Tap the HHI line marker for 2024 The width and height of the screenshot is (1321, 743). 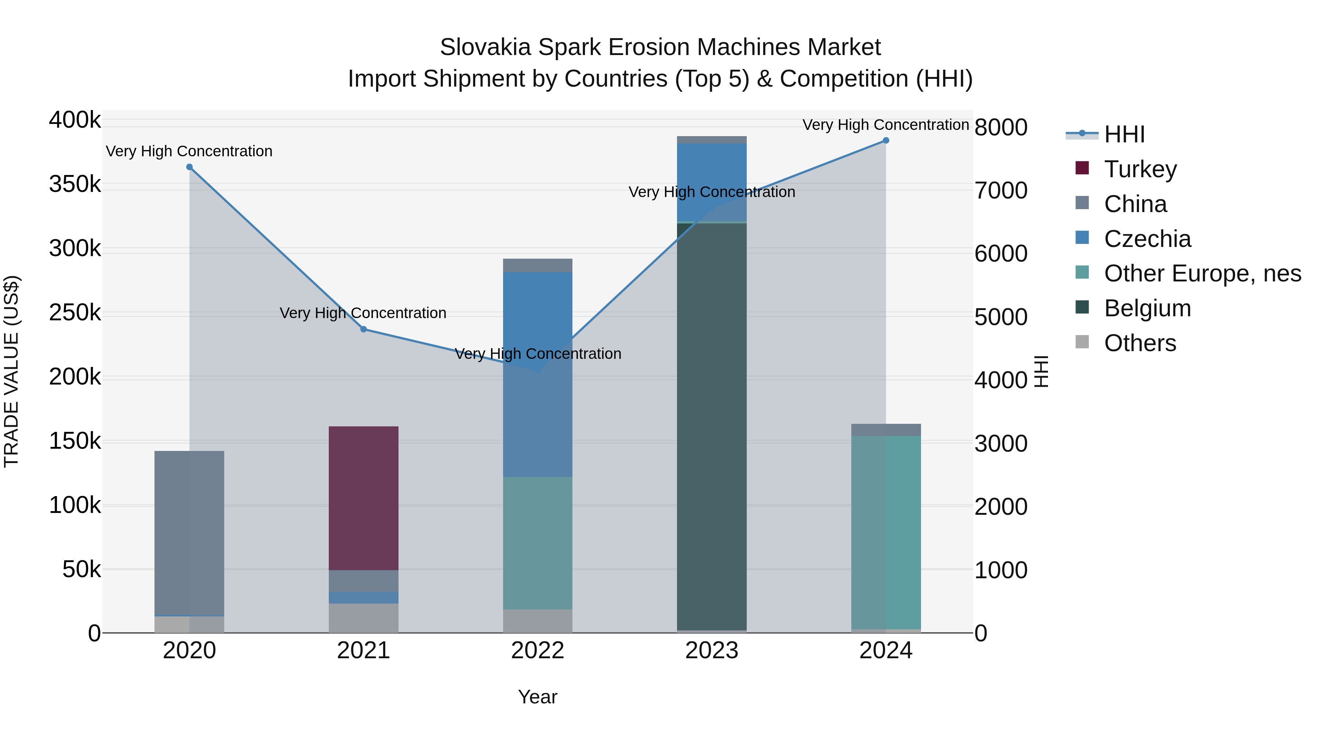click(x=886, y=141)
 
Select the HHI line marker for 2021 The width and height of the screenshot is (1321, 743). click(x=364, y=329)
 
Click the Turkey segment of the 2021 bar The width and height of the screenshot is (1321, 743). click(x=364, y=498)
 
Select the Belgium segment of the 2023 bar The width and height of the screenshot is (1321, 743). click(x=712, y=426)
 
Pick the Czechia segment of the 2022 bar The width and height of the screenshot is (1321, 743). click(x=538, y=374)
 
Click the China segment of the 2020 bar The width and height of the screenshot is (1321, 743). click(x=189, y=533)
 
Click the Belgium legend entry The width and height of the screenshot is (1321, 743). click(x=1147, y=308)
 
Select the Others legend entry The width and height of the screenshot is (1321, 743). click(x=1139, y=343)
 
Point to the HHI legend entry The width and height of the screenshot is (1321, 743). click(x=1124, y=134)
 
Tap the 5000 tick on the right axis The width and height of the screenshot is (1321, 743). click(x=1001, y=317)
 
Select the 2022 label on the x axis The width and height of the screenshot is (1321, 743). click(x=538, y=651)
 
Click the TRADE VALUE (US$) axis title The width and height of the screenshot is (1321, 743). click(x=11, y=371)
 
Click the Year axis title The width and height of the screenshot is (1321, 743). click(x=538, y=697)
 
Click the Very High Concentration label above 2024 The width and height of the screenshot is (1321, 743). click(x=886, y=125)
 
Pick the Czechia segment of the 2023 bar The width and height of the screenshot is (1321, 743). click(x=712, y=182)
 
